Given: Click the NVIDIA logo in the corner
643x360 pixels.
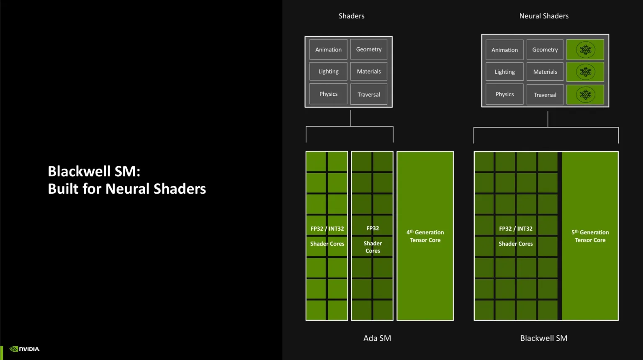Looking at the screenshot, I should coord(25,349).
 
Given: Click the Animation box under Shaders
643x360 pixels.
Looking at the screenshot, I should coord(328,49).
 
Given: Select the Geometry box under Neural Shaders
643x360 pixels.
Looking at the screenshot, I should coord(545,50).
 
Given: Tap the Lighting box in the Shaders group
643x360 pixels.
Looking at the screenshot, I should coord(328,72).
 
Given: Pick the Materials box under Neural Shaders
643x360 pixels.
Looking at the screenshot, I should coord(545,72).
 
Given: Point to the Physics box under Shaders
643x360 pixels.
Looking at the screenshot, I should coord(328,94).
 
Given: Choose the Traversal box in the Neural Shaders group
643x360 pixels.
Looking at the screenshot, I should coord(545,95).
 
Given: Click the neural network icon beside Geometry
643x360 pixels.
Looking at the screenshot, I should coord(585,50).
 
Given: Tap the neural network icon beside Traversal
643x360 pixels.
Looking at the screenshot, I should coord(585,95).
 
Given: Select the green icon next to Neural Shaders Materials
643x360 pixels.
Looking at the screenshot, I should coord(585,72).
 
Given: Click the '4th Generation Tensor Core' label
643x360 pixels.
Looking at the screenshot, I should coord(425,236).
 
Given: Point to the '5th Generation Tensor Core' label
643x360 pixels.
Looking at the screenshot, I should coord(590,236).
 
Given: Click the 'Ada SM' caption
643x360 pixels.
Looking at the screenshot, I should coord(377,338).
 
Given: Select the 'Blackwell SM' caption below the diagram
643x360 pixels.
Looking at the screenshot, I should coord(543,338).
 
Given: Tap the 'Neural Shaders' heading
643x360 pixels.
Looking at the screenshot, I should coord(544,16).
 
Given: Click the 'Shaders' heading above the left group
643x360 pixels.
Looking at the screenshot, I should coord(351,16).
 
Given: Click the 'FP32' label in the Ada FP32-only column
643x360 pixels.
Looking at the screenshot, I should coord(373,229).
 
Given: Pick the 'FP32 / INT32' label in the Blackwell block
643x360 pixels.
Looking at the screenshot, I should coord(516,229).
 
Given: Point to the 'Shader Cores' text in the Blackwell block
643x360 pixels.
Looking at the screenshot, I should coord(516,244).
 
